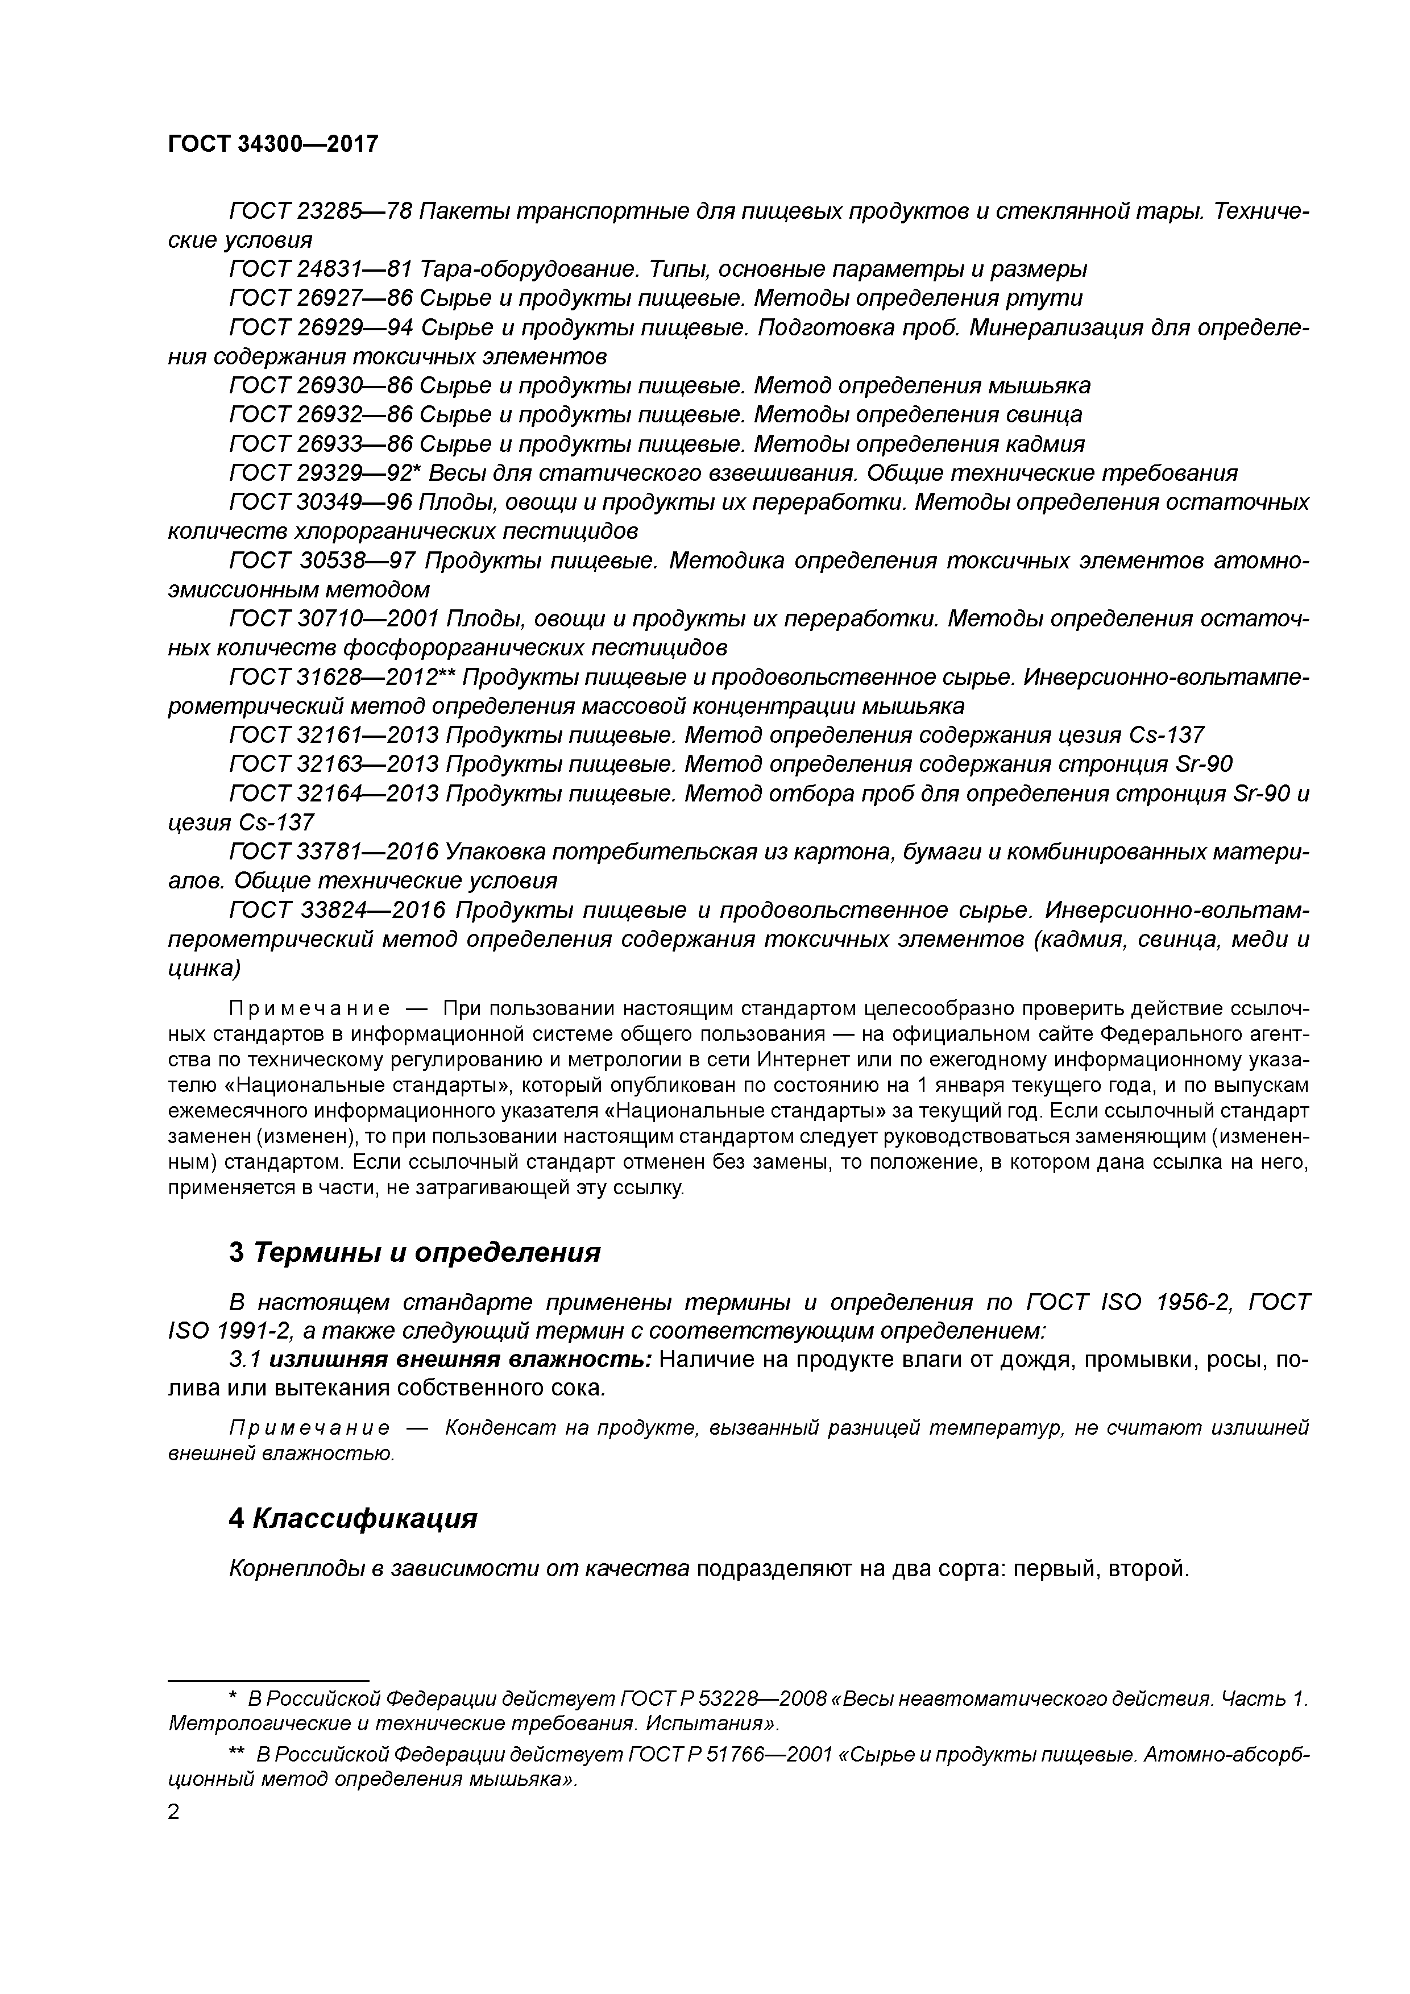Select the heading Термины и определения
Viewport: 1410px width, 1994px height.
pyautogui.click(x=426, y=1252)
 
